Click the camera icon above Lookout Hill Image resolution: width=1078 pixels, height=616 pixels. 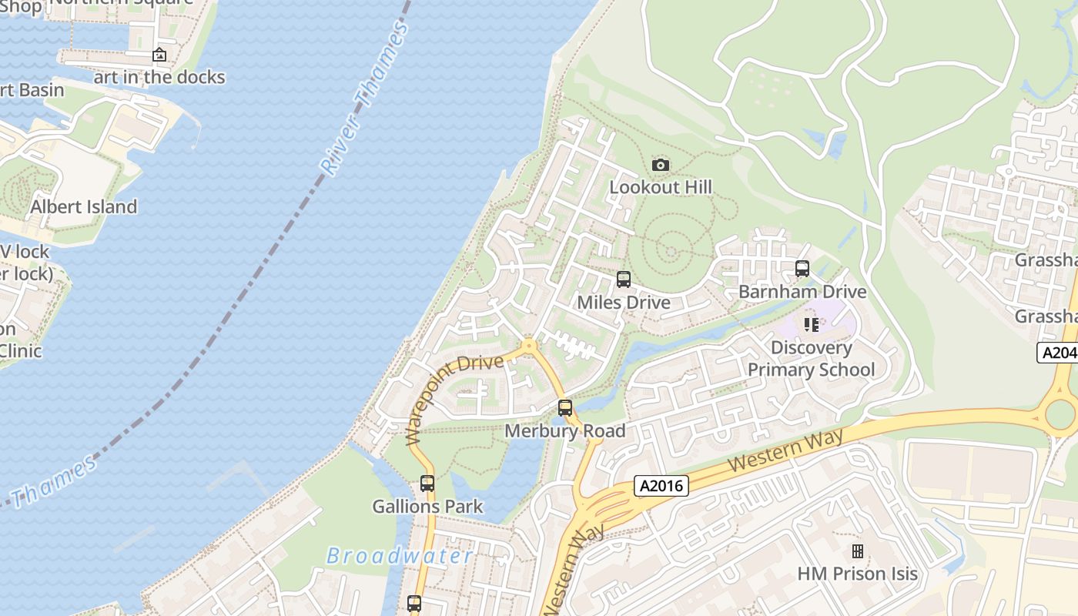(x=661, y=165)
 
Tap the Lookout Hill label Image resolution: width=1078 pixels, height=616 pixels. (x=661, y=187)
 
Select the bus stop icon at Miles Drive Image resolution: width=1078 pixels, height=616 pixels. (x=624, y=280)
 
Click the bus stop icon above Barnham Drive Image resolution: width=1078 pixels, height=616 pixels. (x=802, y=269)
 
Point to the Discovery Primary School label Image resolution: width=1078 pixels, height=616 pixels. (x=812, y=358)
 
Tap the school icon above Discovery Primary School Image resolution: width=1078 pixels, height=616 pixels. (x=812, y=325)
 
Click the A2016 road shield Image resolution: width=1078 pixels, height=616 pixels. (x=661, y=486)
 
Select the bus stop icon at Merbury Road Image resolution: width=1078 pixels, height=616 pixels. (x=565, y=408)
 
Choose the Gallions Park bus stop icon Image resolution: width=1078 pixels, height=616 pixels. (x=427, y=484)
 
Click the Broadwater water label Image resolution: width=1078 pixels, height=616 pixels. (x=400, y=556)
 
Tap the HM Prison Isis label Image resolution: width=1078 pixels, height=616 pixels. (x=858, y=574)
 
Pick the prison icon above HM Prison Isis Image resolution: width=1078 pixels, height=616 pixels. (x=858, y=551)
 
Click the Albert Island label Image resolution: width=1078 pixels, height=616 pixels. (x=83, y=207)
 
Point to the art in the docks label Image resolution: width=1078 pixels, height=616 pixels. (x=159, y=77)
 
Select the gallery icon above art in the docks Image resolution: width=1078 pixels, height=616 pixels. (x=159, y=55)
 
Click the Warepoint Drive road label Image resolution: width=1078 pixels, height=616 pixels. (x=454, y=399)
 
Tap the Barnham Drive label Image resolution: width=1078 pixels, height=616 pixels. (x=802, y=292)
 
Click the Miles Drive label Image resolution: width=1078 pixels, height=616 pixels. (x=624, y=303)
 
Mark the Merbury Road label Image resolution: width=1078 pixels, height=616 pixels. (x=565, y=430)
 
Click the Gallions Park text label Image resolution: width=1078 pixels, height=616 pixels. (x=427, y=507)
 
